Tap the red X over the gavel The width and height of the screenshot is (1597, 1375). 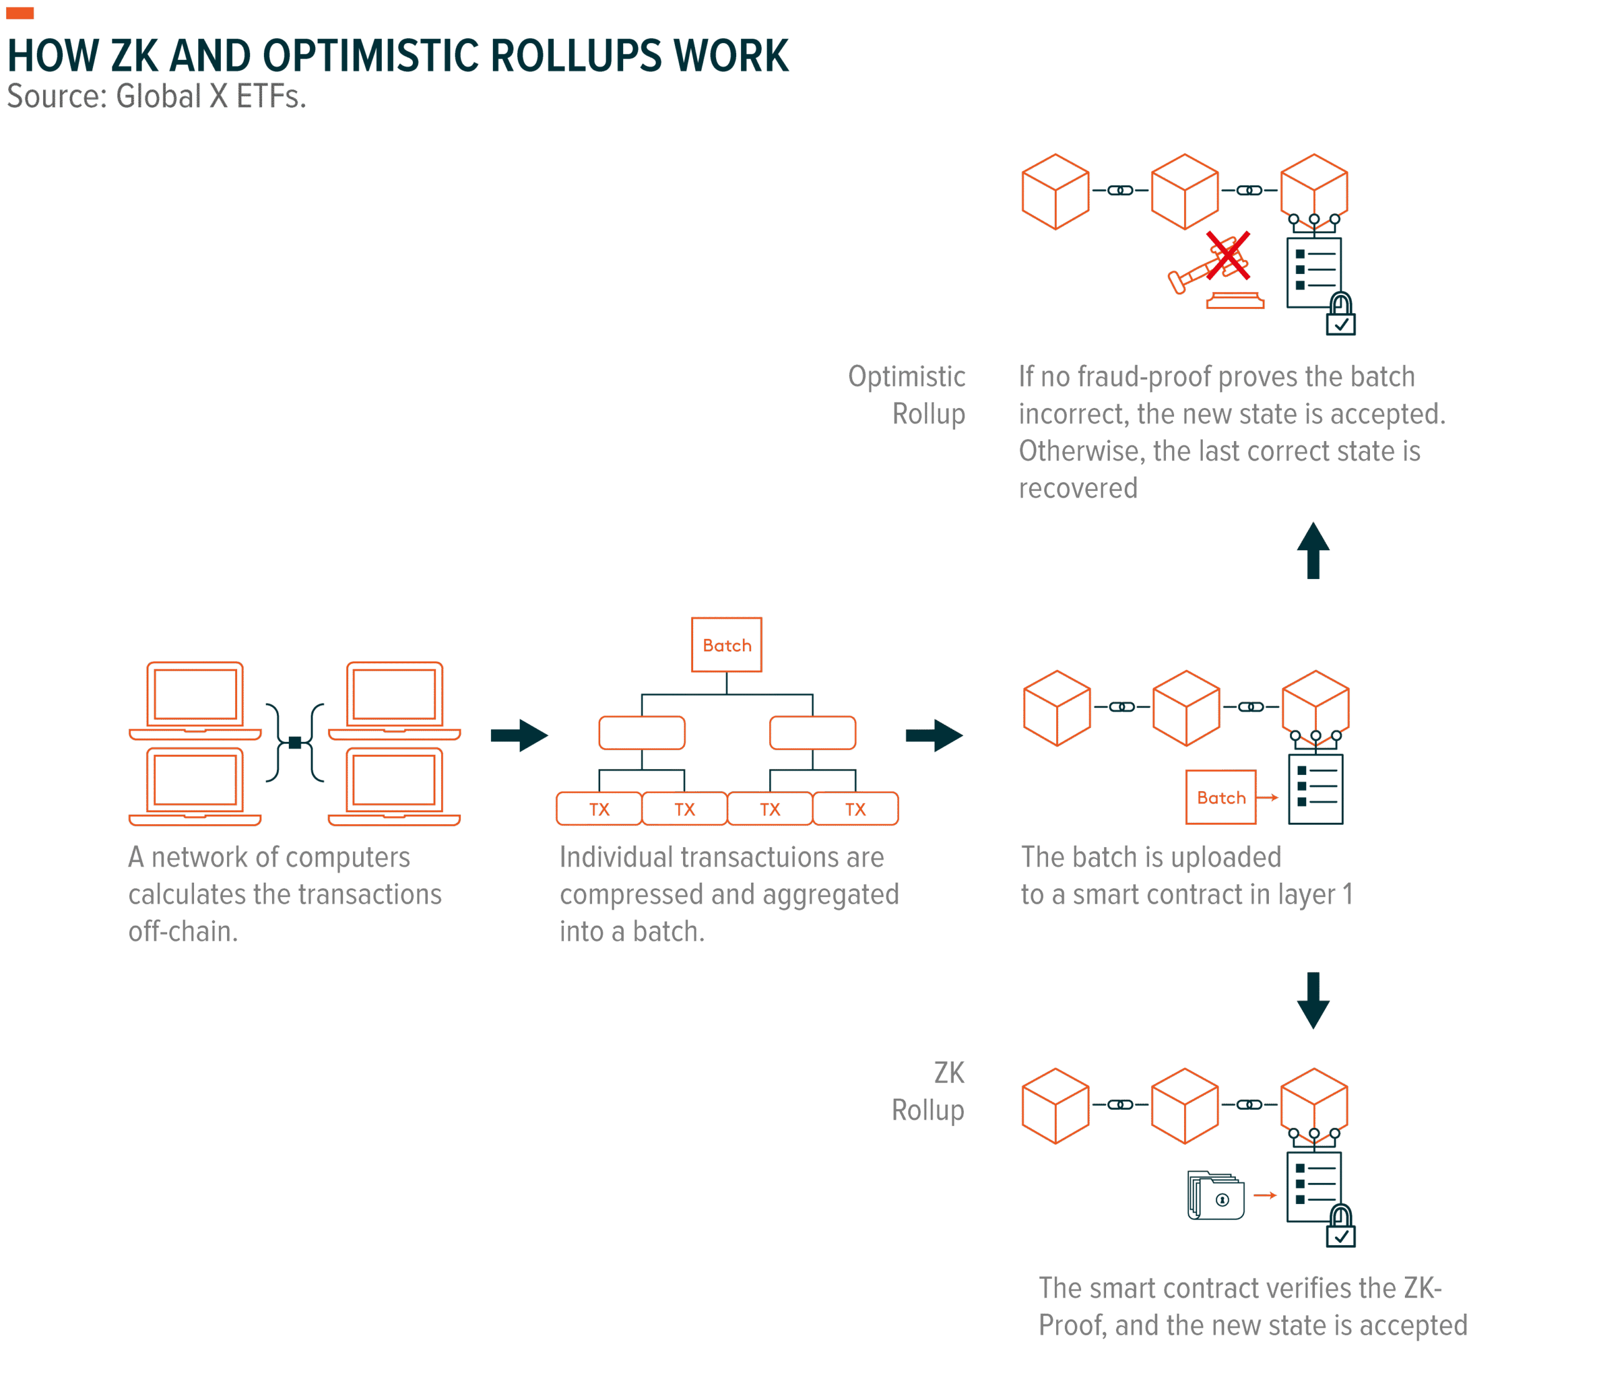[1227, 255]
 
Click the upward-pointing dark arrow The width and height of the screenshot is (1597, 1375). [1313, 550]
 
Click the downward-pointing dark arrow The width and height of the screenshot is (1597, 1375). [1313, 1001]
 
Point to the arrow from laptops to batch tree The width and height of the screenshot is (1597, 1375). [519, 736]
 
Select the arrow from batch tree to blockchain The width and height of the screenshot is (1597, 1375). [933, 736]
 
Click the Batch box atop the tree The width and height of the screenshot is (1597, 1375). [726, 644]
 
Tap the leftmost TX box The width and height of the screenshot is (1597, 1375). [599, 809]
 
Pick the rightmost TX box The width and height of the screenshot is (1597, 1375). [855, 809]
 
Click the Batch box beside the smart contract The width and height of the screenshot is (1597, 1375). [1221, 797]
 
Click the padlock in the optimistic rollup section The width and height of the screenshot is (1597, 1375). [1341, 314]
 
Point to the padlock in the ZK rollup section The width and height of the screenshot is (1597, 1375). [1341, 1227]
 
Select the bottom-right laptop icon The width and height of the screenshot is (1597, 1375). [395, 786]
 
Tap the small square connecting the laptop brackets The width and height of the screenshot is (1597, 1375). [294, 742]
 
